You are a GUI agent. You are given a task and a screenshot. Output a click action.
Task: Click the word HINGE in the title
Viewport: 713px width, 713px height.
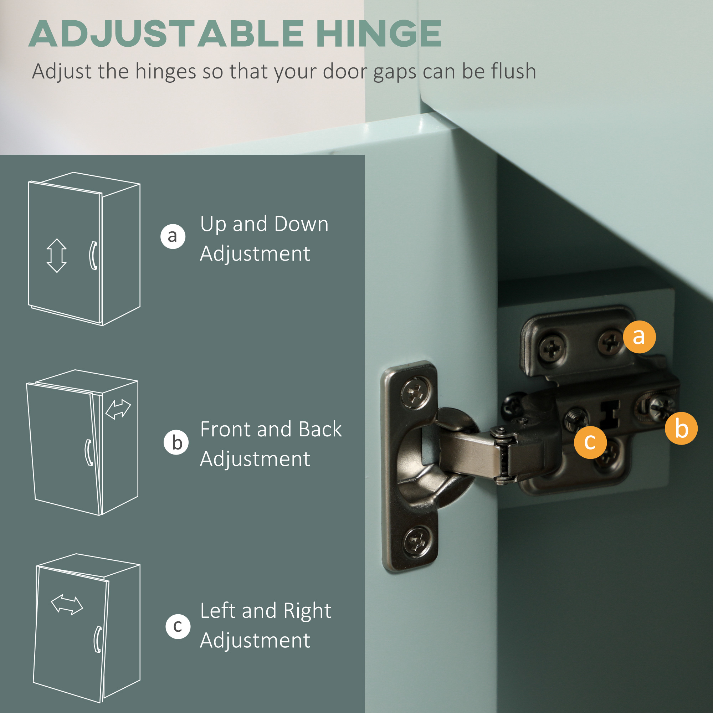pyautogui.click(x=379, y=34)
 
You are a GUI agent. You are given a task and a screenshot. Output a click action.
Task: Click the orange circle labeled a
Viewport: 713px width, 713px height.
pyautogui.click(x=639, y=337)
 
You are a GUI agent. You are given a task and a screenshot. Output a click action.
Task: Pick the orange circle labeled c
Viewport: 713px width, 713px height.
pyautogui.click(x=590, y=442)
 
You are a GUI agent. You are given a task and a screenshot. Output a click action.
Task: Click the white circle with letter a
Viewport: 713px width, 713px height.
pyautogui.click(x=173, y=236)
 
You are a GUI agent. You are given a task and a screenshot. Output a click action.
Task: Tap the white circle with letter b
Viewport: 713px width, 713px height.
pyautogui.click(x=176, y=442)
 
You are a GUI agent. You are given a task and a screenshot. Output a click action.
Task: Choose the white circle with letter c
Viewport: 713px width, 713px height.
pyautogui.click(x=178, y=626)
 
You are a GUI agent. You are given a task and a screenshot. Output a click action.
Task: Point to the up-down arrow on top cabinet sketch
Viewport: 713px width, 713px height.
pyautogui.click(x=56, y=255)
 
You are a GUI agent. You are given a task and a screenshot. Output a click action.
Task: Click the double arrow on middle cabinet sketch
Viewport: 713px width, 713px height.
pyautogui.click(x=118, y=409)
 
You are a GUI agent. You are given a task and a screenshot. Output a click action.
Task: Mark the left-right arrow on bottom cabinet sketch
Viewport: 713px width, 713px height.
pyautogui.click(x=67, y=605)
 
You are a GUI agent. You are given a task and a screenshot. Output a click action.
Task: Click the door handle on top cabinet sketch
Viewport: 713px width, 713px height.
pyautogui.click(x=93, y=255)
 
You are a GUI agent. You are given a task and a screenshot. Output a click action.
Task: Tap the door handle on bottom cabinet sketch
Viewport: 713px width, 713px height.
pyautogui.click(x=98, y=639)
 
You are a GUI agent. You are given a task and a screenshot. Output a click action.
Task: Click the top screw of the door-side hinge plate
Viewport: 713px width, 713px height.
pyautogui.click(x=416, y=392)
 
